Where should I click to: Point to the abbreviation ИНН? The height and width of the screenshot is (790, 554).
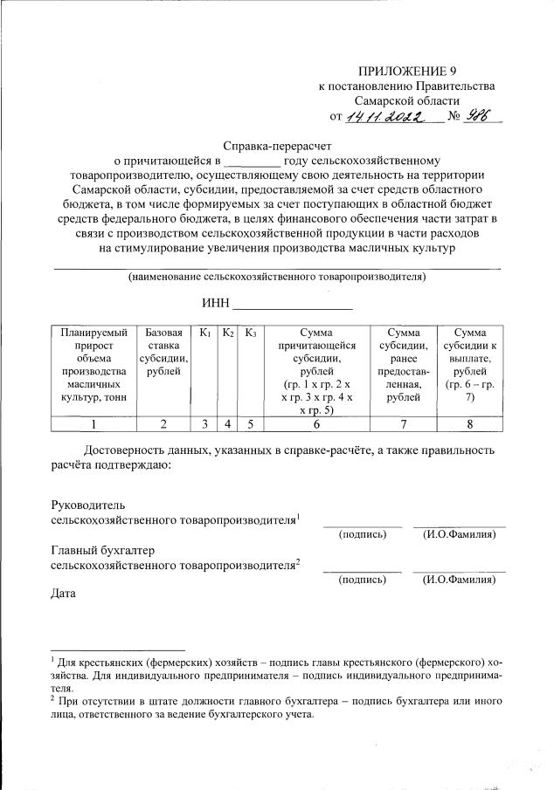click(x=215, y=303)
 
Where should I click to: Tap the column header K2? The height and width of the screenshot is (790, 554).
click(x=226, y=333)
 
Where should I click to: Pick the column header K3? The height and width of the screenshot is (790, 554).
click(x=250, y=333)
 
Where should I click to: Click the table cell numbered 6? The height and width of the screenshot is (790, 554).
click(x=316, y=424)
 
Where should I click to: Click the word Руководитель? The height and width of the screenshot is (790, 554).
click(x=90, y=505)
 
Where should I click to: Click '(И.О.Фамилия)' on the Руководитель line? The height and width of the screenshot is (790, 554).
click(x=459, y=534)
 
